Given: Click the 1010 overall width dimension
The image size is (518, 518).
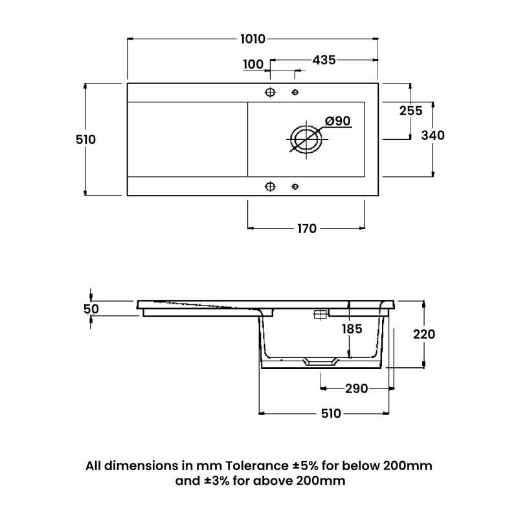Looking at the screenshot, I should point(253,39).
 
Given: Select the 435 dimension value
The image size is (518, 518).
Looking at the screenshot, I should point(324,60).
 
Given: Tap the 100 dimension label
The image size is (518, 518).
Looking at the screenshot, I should point(253,63).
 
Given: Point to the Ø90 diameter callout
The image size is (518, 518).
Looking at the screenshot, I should point(337,121).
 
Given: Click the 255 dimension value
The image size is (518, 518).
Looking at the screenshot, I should point(411,111).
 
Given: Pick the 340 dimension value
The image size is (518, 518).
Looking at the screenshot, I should point(433,135).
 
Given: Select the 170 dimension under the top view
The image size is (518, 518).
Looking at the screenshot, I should point(306,229).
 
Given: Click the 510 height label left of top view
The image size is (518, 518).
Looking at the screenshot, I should point(85,139).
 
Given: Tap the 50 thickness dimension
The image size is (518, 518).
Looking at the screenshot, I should point(91,309).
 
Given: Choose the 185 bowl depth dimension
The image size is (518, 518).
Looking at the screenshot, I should point(352,329).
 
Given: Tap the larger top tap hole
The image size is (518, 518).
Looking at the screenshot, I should point(271,92).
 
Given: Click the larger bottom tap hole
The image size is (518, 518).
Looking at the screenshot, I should point(271,187).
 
